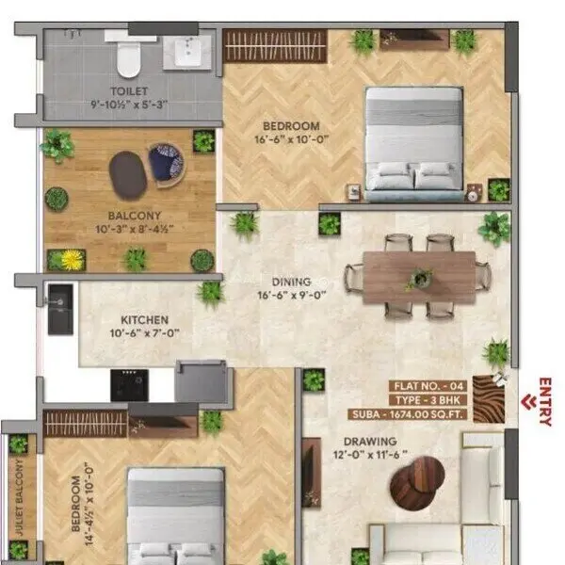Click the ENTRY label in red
(x=544, y=402)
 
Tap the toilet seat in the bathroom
(x=128, y=59)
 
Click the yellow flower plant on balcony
(x=72, y=259)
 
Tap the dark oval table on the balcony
(x=128, y=173)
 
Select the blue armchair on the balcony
(x=167, y=163)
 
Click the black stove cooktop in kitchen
(x=129, y=384)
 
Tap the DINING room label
(x=291, y=281)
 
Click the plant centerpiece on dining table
(x=419, y=279)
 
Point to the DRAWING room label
(x=370, y=441)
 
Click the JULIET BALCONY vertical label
(x=18, y=499)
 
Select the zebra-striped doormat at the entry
(x=489, y=398)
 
